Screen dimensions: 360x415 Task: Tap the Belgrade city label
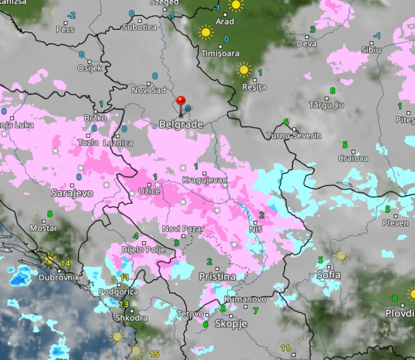tap(181, 125)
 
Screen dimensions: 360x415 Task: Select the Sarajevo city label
tap(72, 193)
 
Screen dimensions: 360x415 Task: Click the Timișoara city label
tap(220, 53)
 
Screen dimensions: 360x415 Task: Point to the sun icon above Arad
tap(236, 5)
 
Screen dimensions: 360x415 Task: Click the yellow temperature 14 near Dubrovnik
tap(65, 263)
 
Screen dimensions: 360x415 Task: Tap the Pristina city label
tap(217, 277)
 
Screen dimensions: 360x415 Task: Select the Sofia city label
tap(328, 275)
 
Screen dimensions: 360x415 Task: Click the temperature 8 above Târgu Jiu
tap(332, 91)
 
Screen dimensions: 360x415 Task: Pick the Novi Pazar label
tap(183, 229)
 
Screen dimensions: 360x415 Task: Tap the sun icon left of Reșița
tap(244, 70)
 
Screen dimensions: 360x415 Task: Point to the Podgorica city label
tap(118, 292)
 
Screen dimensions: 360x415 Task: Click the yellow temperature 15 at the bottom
tap(154, 354)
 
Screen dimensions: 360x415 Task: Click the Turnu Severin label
tap(294, 136)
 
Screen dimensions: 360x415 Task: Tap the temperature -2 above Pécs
tap(71, 15)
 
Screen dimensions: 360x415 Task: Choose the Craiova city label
tap(353, 158)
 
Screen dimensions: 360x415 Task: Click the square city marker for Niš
tap(256, 222)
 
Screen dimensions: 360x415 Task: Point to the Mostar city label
tap(44, 228)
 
